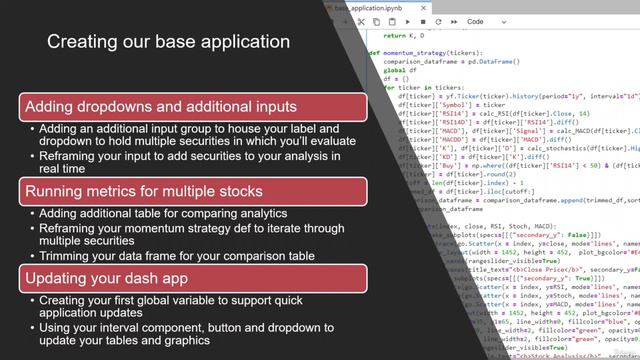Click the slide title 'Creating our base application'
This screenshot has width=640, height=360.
pyautogui.click(x=169, y=42)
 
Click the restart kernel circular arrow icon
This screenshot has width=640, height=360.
pyautogui.click(x=439, y=21)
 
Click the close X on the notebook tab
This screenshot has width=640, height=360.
pyautogui.click(x=437, y=6)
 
